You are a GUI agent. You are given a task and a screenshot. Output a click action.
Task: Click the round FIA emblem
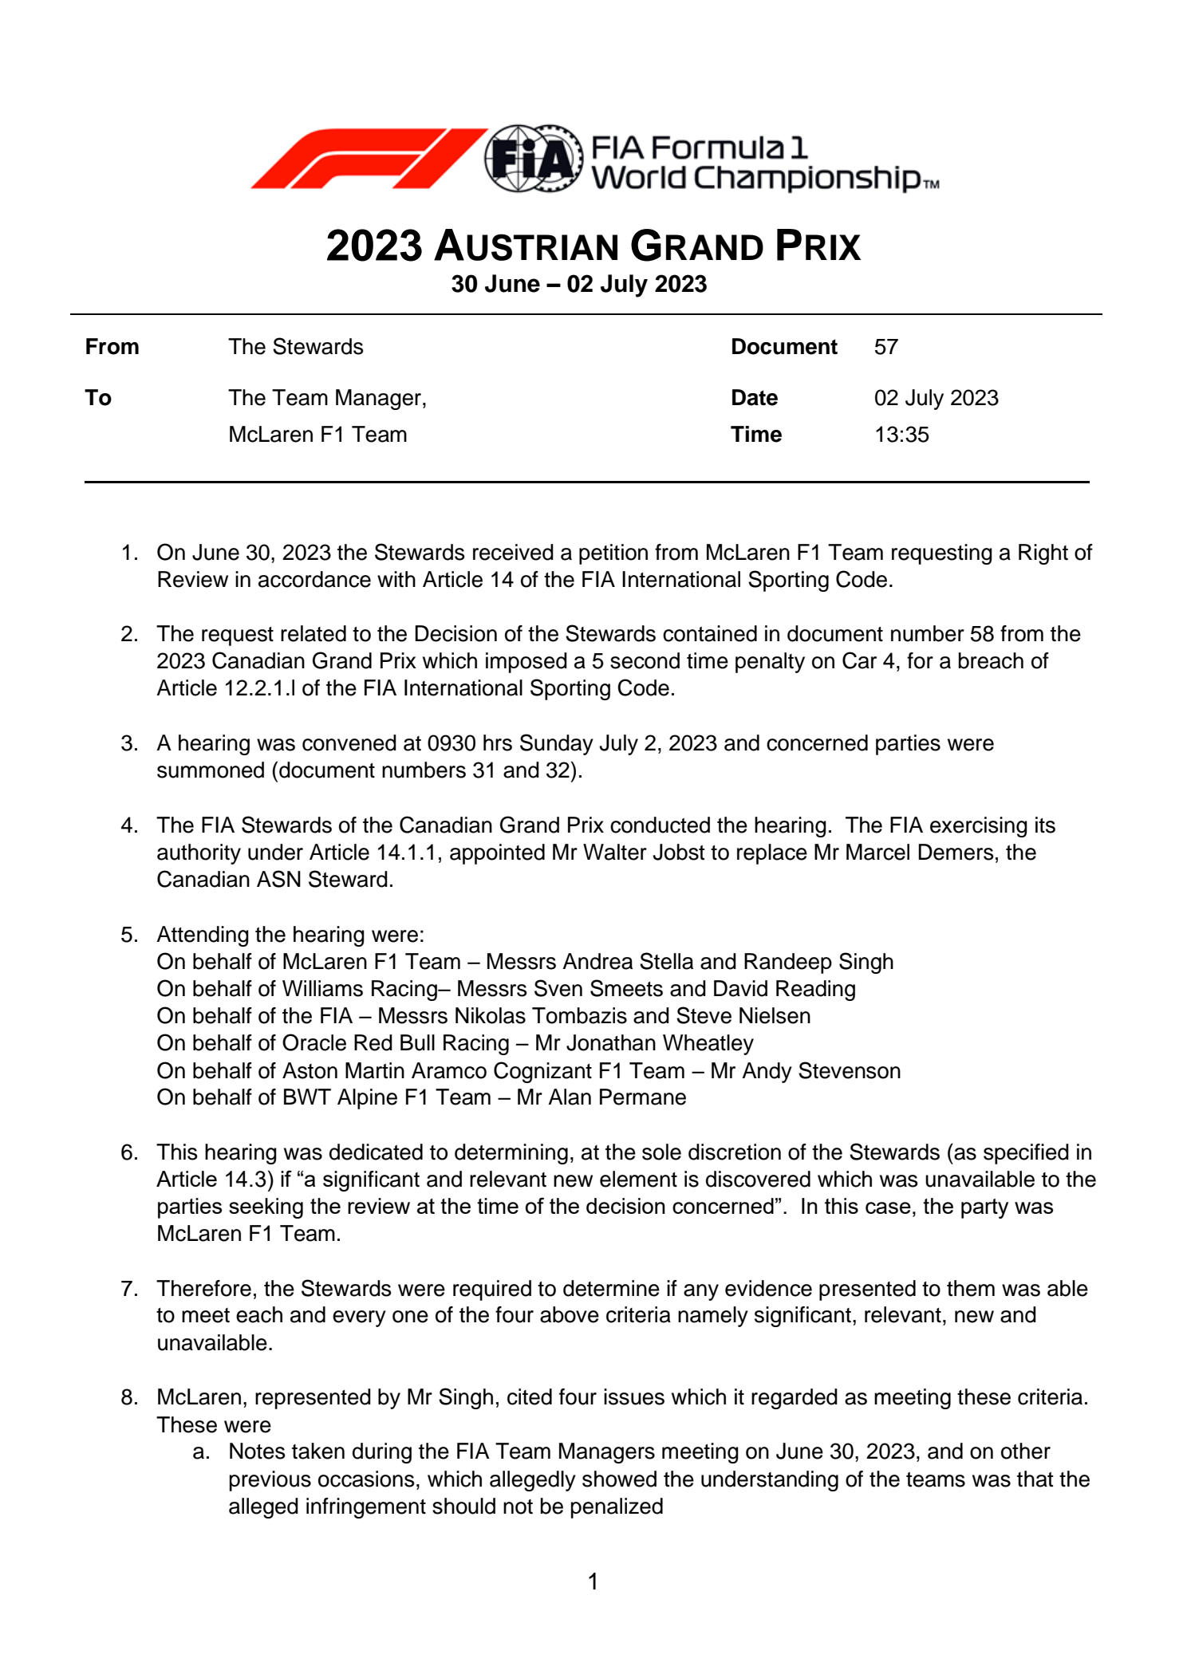533,158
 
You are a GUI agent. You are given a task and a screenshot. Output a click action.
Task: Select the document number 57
885,347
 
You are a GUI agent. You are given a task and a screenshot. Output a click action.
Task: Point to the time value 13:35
901,435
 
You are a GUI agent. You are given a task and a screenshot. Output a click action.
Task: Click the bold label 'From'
112,347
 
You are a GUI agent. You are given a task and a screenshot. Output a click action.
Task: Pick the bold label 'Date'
754,398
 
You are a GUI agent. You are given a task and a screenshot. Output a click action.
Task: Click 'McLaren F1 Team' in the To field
317,435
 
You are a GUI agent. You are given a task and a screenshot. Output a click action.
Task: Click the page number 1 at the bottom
593,1581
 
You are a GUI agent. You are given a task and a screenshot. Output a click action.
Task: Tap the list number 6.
129,1152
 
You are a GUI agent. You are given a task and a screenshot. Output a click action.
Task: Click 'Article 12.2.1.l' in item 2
226,688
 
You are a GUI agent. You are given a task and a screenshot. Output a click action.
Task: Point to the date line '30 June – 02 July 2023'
578,285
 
